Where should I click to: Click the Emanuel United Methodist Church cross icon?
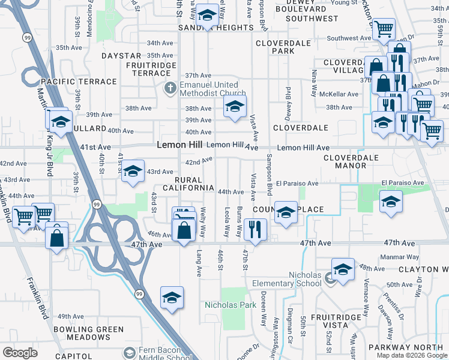coord(170,89)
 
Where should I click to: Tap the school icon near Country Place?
coord(286,212)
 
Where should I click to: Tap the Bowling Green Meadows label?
coord(89,333)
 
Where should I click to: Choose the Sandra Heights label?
coord(207,28)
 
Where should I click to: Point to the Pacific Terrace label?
coord(78,82)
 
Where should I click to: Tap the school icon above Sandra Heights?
coord(207,16)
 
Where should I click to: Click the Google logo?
coord(20,352)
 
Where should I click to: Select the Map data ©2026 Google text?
coord(412,355)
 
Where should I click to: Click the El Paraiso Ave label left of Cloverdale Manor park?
coord(296,184)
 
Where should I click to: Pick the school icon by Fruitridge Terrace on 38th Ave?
coord(235,107)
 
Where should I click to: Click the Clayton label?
coord(423,270)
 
